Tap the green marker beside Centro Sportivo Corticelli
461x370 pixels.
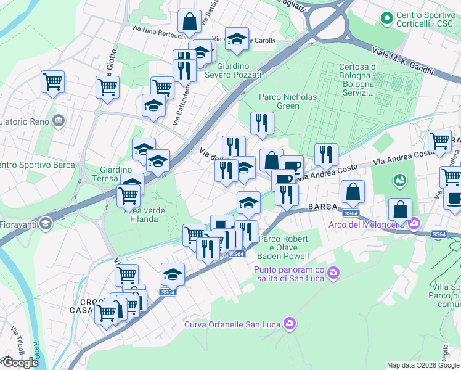(x=387, y=18)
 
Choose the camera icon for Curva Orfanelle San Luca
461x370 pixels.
(x=290, y=323)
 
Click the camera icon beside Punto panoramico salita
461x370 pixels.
(x=333, y=272)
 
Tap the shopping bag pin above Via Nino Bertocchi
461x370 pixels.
(x=190, y=22)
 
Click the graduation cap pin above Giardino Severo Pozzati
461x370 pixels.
(x=237, y=40)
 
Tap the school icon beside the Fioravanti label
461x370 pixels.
(x=45, y=224)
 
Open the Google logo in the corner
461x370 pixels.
(x=20, y=363)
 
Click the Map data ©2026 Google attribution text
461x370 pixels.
(x=423, y=365)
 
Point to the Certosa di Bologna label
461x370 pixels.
(x=357, y=80)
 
